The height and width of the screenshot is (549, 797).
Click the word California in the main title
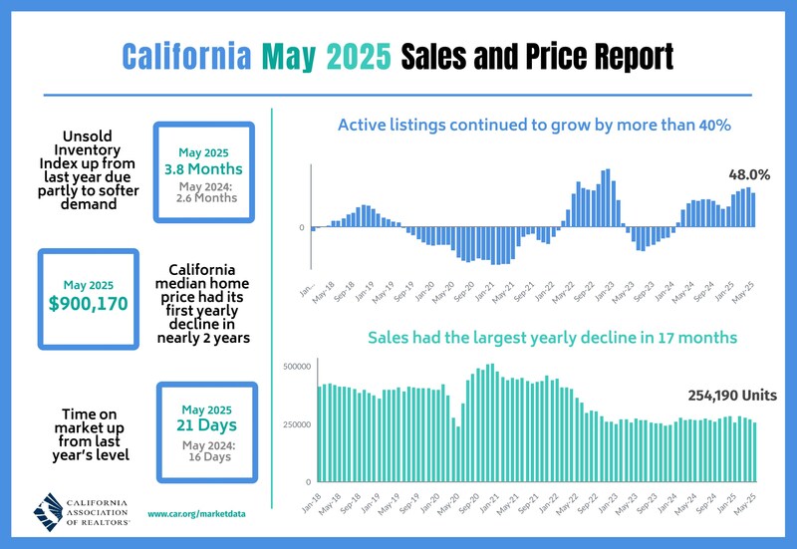184,55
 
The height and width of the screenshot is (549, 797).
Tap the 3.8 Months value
204,169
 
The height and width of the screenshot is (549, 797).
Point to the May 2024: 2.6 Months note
204,191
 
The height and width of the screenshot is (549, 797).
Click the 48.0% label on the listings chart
749,174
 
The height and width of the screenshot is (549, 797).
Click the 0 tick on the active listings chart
302,228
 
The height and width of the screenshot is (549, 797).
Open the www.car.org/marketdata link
196,514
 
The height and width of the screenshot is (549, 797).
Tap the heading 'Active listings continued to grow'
535,126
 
